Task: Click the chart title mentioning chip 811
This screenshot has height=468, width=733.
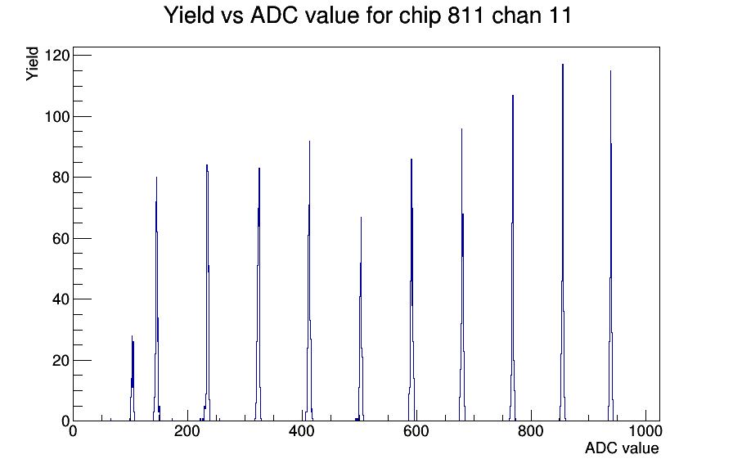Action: [x=368, y=16]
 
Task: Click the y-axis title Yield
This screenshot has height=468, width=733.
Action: [x=32, y=64]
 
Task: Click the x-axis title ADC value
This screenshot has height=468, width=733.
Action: [x=622, y=448]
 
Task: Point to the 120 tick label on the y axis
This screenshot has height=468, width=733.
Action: [x=57, y=56]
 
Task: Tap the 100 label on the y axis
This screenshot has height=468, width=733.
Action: [x=57, y=116]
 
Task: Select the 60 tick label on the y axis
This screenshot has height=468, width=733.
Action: [x=61, y=238]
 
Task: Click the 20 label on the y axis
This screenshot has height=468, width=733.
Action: [x=61, y=361]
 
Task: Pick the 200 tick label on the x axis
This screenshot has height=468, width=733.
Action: [x=187, y=430]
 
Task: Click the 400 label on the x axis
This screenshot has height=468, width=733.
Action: [x=302, y=430]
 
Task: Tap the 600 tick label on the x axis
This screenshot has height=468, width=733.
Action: [x=416, y=430]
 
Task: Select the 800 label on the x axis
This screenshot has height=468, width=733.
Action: [x=531, y=430]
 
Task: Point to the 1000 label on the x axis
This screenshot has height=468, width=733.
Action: [x=645, y=430]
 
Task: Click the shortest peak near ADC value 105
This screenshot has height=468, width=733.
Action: [x=133, y=379]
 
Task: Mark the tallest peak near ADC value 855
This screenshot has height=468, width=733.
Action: [x=562, y=243]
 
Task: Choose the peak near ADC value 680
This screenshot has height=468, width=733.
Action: [x=462, y=275]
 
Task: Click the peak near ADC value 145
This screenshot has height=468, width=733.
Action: [x=156, y=299]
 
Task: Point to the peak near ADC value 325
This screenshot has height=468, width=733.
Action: [x=259, y=295]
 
